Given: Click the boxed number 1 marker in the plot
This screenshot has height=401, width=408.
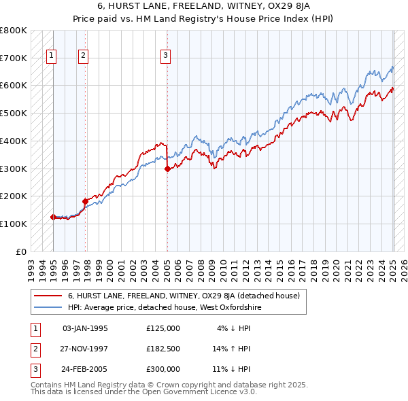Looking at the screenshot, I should point(52,56).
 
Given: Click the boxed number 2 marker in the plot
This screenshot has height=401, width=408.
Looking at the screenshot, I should point(83,56).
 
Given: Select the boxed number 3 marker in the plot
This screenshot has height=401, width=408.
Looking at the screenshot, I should point(166,56).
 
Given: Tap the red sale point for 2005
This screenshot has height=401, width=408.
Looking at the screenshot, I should point(167,170).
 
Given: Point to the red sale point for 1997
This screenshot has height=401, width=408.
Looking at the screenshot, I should point(85,201).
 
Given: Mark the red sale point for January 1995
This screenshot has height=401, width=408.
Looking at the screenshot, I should point(53,217).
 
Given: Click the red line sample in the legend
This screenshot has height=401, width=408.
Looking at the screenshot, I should point(48,296).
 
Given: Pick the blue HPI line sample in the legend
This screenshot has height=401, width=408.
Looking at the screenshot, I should point(48,307).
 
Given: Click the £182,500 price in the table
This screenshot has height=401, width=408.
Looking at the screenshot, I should point(163,349).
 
